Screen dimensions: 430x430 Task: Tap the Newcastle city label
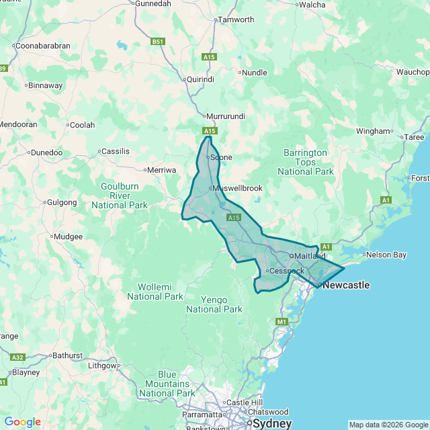(346, 285)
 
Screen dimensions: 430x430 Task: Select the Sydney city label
(272, 424)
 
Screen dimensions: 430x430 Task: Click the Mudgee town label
(69, 236)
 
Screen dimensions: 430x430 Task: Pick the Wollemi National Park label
(155, 292)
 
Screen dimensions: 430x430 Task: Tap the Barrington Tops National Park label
(305, 162)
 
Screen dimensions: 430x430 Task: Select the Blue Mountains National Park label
(167, 384)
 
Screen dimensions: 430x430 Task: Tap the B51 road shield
(158, 42)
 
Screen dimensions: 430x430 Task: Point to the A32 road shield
(18, 357)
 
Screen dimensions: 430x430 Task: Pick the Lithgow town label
(103, 365)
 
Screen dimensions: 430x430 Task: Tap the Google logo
(22, 421)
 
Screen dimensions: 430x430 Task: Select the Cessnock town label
(288, 271)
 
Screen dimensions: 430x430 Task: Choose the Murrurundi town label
(225, 116)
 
